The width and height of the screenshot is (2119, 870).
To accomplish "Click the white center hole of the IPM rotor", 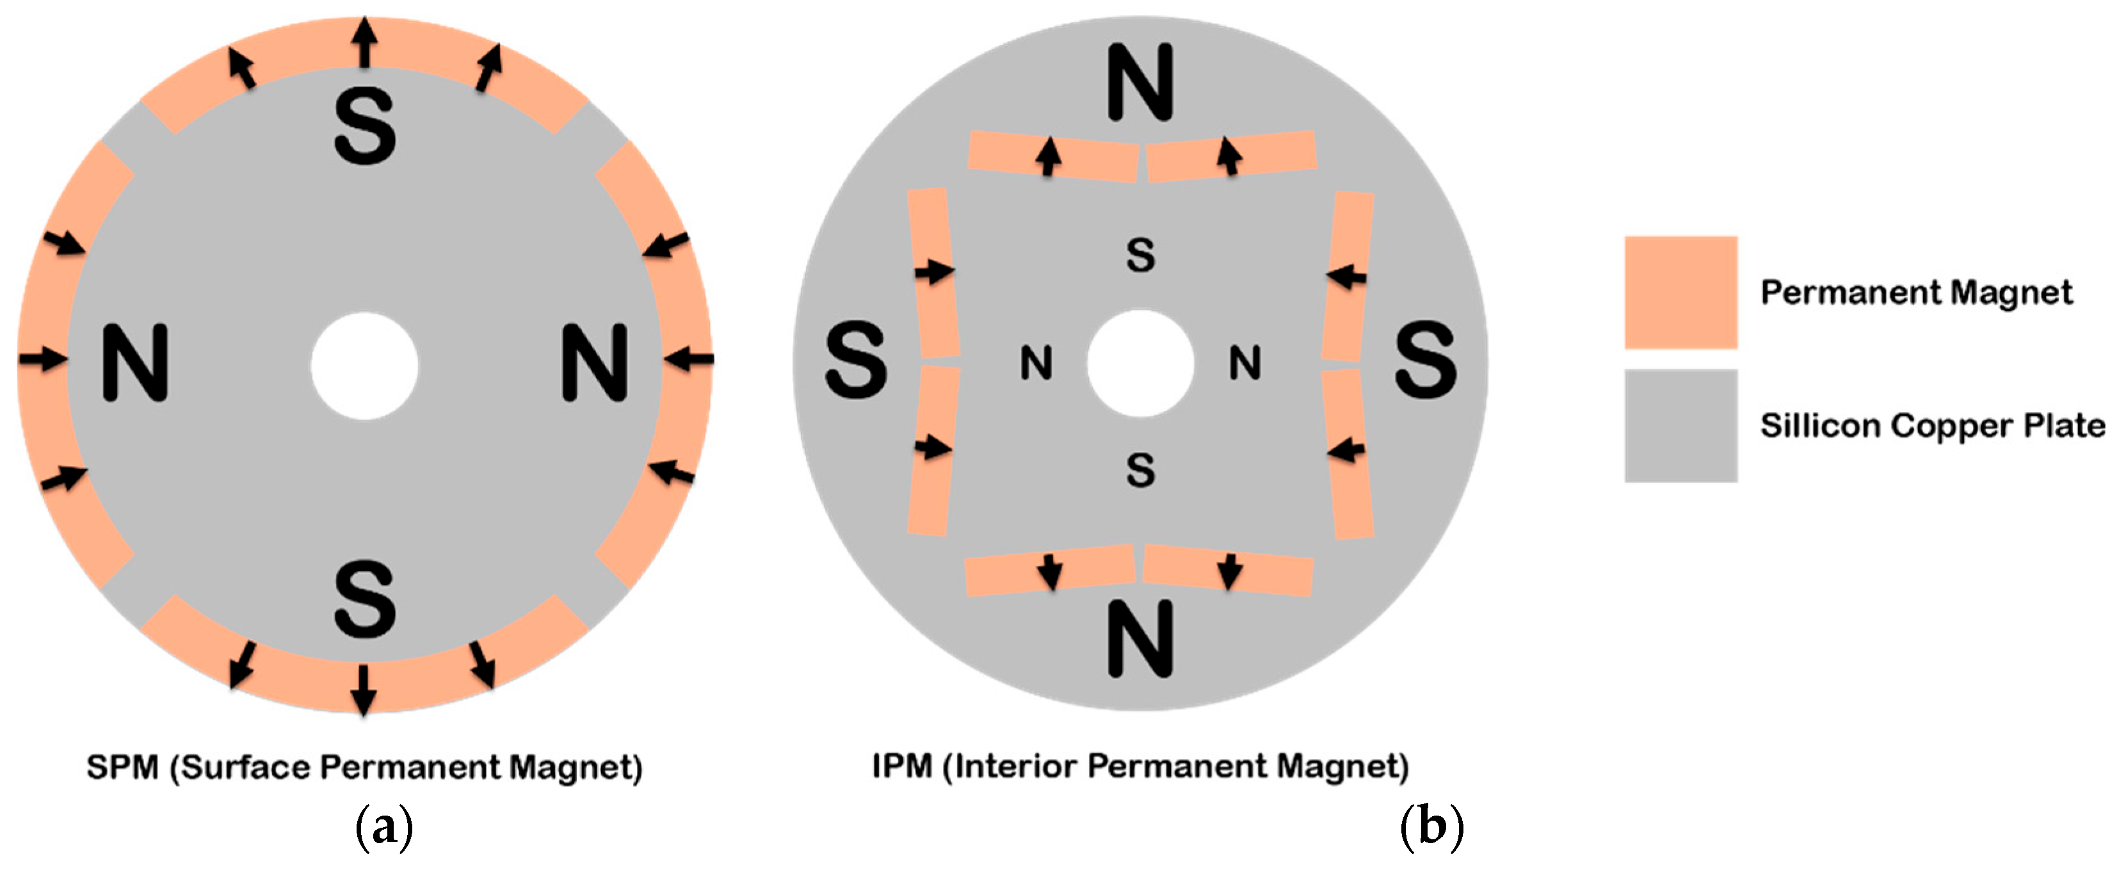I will tap(1140, 362).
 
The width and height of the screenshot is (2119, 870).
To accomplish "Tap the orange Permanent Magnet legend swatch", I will tap(1680, 292).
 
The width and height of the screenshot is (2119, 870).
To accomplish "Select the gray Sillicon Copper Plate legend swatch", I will tap(1680, 425).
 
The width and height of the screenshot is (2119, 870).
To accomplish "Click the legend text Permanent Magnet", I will tap(1916, 293).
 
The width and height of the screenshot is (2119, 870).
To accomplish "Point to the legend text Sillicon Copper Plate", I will tap(1932, 425).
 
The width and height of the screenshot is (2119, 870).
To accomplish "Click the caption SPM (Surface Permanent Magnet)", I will tap(364, 766).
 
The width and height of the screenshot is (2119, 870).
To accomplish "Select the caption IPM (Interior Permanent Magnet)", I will tap(1140, 766).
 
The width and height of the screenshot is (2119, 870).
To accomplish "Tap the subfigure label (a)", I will tap(383, 826).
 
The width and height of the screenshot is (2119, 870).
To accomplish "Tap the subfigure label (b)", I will tap(1431, 826).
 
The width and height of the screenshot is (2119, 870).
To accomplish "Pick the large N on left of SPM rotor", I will tap(135, 362).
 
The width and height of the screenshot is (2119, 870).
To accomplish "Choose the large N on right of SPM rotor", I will tap(595, 362).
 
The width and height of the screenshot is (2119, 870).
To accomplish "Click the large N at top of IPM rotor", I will tap(1140, 82).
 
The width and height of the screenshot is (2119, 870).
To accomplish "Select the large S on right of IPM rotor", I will tap(1426, 360).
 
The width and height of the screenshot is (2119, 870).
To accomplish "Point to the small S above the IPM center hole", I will tap(1140, 255).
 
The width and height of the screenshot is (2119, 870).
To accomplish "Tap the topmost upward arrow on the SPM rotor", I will tap(366, 41).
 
